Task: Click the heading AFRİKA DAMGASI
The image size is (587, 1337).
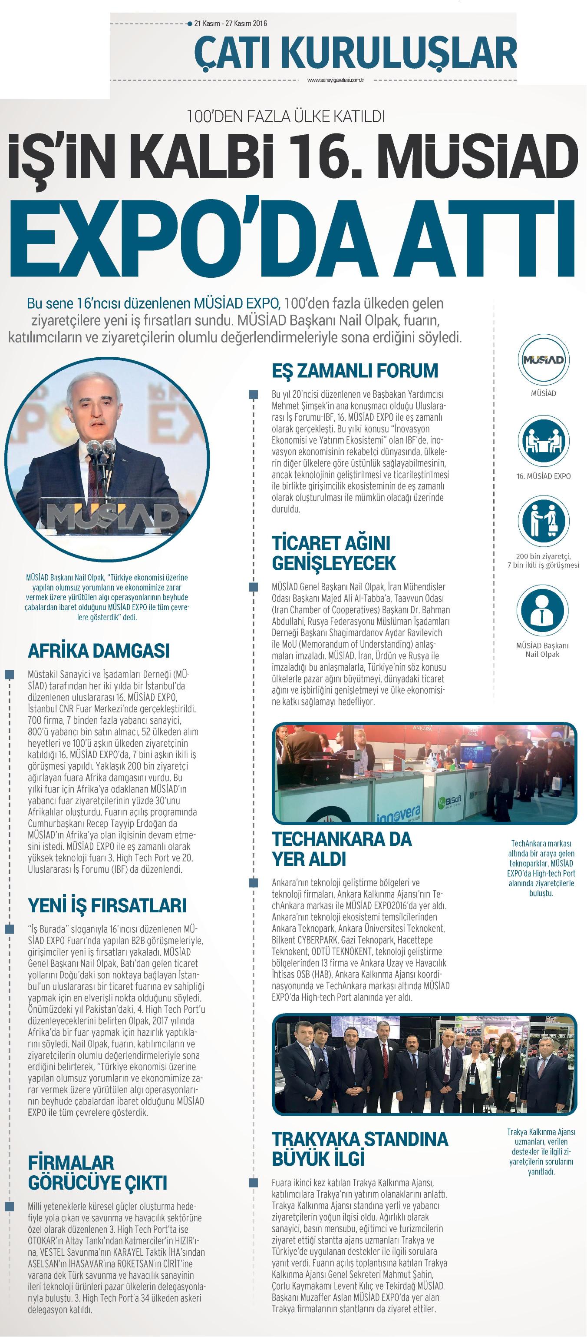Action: (99, 650)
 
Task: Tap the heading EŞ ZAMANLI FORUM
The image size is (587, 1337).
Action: (355, 371)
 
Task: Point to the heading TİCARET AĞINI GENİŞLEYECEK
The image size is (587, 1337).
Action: (333, 553)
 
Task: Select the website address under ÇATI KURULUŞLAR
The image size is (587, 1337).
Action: (336, 80)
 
